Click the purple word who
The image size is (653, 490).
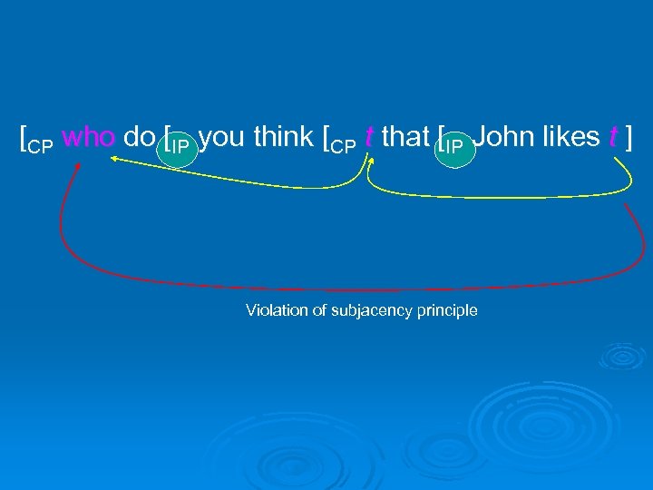[90, 137]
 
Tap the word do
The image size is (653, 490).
[139, 137]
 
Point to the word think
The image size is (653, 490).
[284, 137]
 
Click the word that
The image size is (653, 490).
[406, 137]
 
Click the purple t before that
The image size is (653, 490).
[368, 137]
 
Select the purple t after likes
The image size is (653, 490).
[614, 137]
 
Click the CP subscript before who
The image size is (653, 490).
[41, 145]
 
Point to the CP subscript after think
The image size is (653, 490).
[344, 145]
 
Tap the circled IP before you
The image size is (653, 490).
[180, 146]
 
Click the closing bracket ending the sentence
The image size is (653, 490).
[629, 137]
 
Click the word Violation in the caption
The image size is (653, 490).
[269, 311]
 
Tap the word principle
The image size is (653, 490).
[446, 311]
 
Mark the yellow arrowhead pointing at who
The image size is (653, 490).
[116, 158]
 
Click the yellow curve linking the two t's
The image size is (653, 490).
[499, 194]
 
